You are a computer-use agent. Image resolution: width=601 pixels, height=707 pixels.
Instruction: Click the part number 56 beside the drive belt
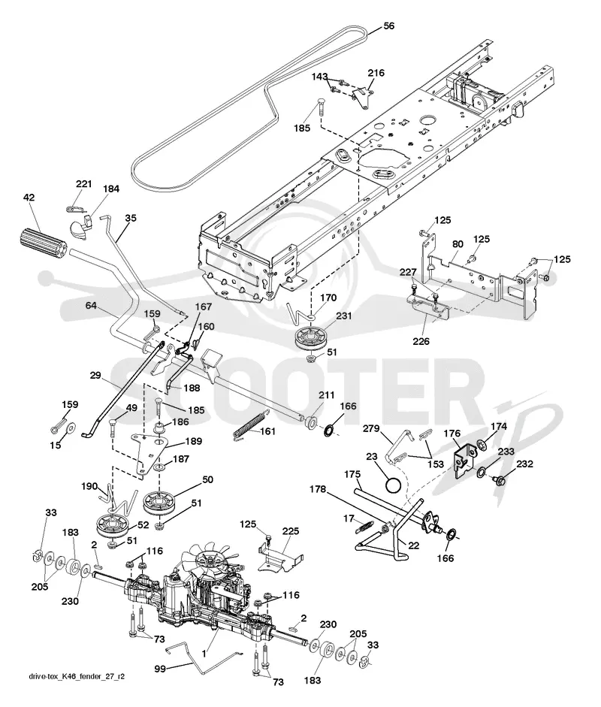coord(388,26)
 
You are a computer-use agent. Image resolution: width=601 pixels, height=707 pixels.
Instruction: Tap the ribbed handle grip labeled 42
coord(44,244)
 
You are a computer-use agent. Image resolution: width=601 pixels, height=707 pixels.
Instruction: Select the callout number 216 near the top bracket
coord(376,73)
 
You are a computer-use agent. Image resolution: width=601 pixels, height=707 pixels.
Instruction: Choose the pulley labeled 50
coord(159,503)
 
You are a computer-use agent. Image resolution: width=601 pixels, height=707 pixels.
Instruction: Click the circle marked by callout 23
coord(392,486)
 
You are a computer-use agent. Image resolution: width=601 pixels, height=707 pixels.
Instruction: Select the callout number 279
coord(372,428)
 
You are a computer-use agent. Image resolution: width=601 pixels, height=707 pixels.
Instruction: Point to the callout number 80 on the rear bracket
coord(458,244)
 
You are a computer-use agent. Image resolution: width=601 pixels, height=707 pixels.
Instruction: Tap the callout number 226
coord(421,341)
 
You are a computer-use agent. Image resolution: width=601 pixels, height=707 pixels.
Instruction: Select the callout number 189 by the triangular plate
coord(193,441)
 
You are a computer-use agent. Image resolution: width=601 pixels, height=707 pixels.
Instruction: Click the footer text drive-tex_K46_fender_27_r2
coord(77,676)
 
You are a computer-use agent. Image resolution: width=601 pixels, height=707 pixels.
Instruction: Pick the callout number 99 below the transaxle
coord(160,669)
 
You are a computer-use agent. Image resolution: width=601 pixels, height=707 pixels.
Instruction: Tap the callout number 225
coord(290,531)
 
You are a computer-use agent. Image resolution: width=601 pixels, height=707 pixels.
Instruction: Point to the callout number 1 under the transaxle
coord(204,653)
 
